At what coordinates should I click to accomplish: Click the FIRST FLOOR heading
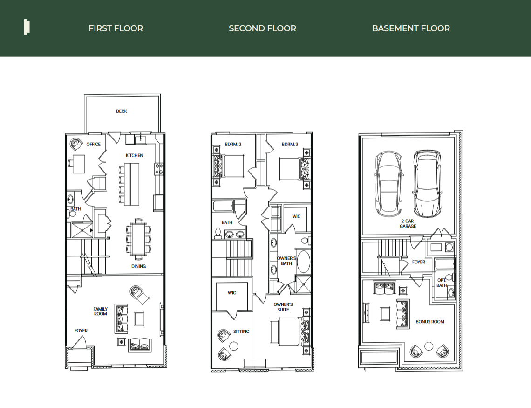pyautogui.click(x=116, y=28)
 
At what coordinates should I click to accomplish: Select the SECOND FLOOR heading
pyautogui.click(x=262, y=28)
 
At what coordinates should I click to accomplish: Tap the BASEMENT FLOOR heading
pyautogui.click(x=411, y=28)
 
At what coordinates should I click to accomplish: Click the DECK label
pyautogui.click(x=122, y=111)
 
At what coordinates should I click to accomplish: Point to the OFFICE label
pyautogui.click(x=93, y=144)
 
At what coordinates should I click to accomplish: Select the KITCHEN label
pyautogui.click(x=134, y=155)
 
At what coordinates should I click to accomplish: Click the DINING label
pyautogui.click(x=138, y=266)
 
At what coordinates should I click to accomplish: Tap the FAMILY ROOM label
pyautogui.click(x=100, y=311)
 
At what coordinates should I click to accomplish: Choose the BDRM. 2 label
pyautogui.click(x=233, y=145)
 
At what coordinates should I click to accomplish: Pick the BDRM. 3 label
pyautogui.click(x=289, y=145)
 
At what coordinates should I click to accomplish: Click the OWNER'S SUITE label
pyautogui.click(x=283, y=307)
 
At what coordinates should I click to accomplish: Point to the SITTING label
pyautogui.click(x=241, y=332)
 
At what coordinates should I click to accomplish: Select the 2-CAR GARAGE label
pyautogui.click(x=408, y=224)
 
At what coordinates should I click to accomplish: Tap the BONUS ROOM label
pyautogui.click(x=429, y=322)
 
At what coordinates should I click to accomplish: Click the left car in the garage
pyautogui.click(x=389, y=184)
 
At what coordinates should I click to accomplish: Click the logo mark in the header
pyautogui.click(x=27, y=27)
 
